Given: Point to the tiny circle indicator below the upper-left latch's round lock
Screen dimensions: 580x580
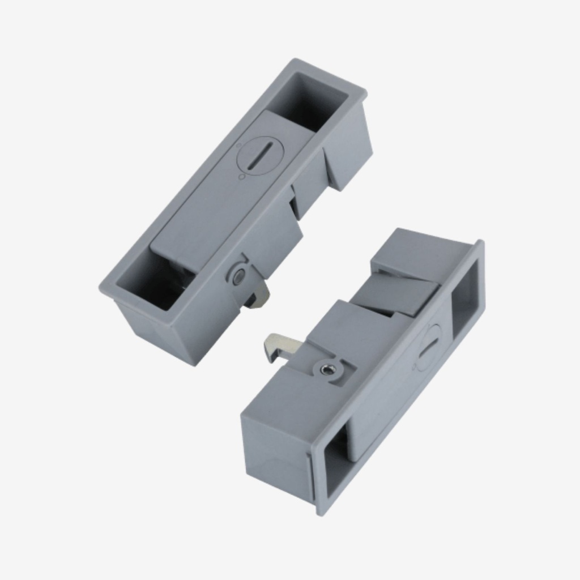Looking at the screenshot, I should tap(242, 177).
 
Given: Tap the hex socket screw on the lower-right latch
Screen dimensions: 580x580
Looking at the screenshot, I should tap(327, 369).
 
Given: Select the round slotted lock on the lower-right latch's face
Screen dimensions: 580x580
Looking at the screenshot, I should tap(430, 347).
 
